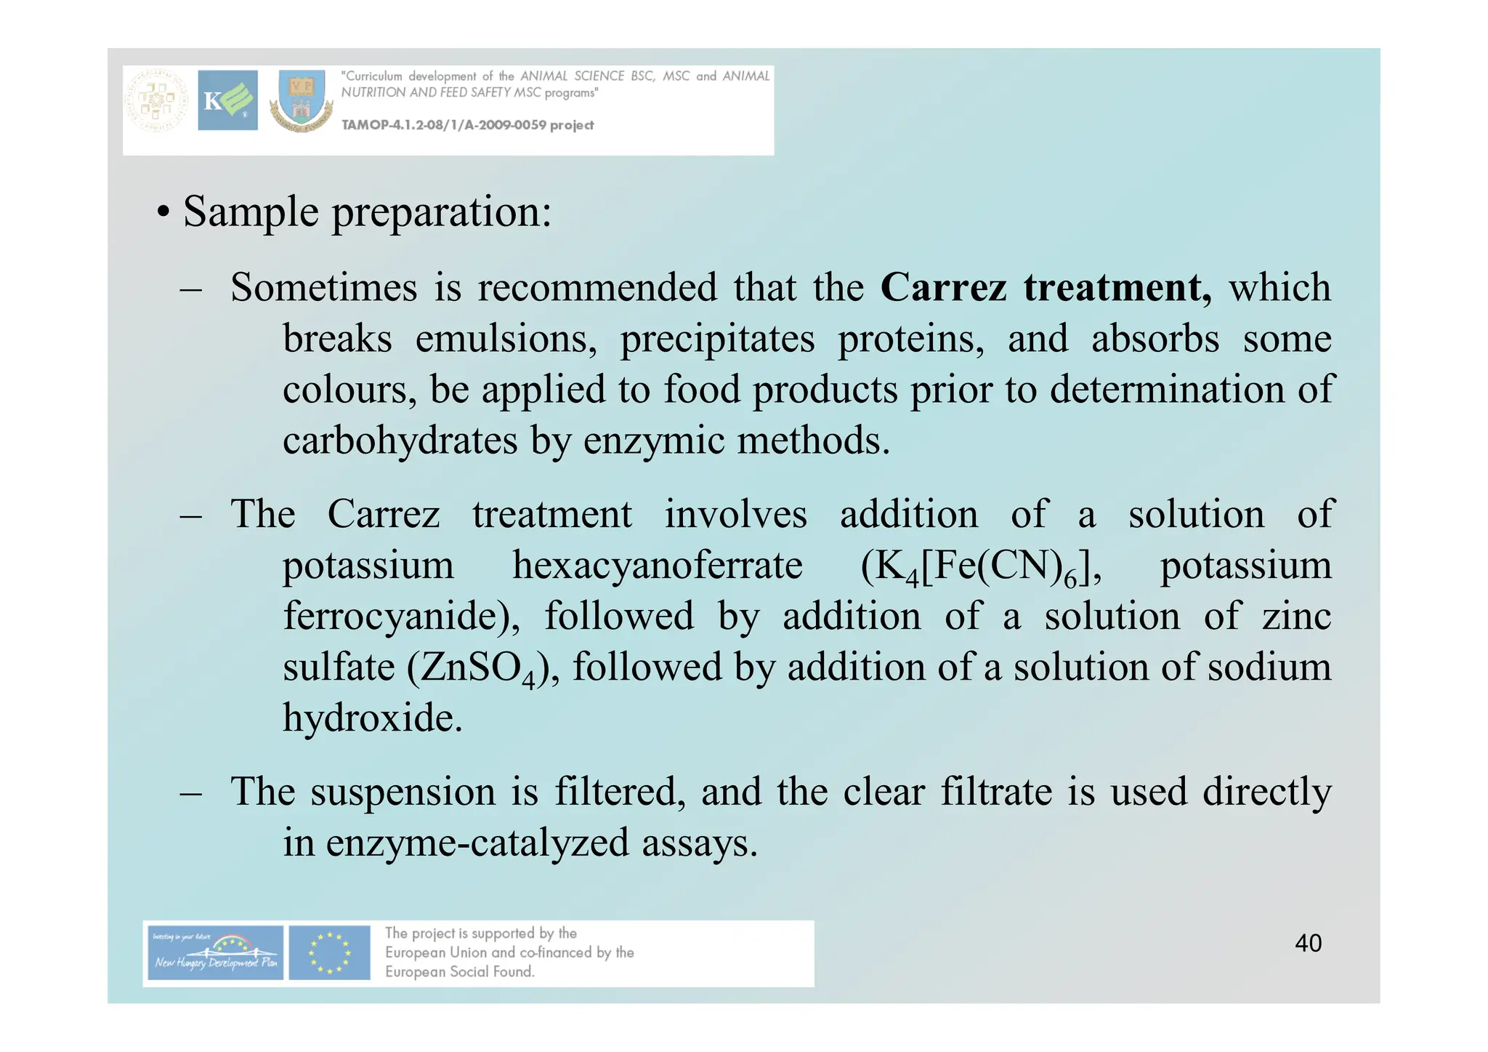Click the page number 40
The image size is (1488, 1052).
click(1308, 943)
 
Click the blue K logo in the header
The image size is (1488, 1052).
click(227, 100)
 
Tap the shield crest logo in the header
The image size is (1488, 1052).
click(302, 101)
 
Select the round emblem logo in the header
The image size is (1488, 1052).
click(156, 101)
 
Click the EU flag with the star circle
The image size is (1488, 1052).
click(329, 953)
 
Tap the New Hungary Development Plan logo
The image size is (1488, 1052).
click(214, 953)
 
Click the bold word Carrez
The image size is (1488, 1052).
click(943, 288)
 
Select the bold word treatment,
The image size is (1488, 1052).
click(1117, 288)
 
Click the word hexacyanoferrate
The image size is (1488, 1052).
click(657, 566)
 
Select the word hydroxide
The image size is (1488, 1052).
click(371, 718)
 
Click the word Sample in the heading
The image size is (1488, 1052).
click(251, 212)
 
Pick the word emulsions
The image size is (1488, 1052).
click(506, 340)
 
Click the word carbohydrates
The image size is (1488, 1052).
click(400, 441)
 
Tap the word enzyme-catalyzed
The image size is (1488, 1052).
click(477, 843)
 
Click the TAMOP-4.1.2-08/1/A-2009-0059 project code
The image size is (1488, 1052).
click(467, 125)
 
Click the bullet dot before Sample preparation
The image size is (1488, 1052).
click(163, 214)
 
